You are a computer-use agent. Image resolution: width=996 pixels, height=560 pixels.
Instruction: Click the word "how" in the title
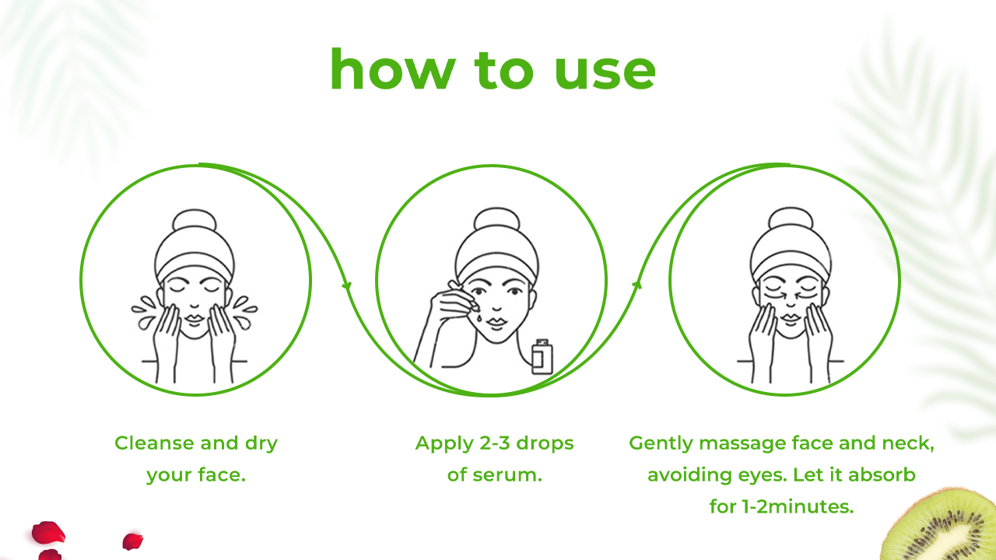(393, 69)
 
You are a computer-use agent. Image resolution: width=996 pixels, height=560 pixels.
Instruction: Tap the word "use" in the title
(605, 73)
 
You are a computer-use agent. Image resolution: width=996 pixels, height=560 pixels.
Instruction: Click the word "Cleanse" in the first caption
(155, 443)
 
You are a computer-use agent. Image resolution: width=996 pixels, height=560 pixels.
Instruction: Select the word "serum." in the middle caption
(507, 474)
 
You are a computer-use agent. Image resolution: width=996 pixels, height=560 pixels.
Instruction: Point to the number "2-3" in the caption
(495, 443)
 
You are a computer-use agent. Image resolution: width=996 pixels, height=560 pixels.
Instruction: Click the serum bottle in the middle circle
(542, 356)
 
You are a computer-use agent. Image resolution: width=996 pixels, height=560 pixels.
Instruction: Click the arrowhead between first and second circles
(347, 285)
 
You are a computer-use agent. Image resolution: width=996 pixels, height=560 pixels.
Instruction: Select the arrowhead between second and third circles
(637, 285)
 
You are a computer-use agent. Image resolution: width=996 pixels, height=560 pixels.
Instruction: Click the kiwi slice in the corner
(941, 525)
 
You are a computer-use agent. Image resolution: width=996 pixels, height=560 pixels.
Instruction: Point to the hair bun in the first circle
(195, 221)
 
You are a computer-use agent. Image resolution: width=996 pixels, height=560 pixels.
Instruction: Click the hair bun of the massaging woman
(791, 219)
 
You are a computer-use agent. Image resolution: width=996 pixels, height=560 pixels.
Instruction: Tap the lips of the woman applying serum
(496, 321)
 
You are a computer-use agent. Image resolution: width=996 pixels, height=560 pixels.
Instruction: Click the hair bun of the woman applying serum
(496, 219)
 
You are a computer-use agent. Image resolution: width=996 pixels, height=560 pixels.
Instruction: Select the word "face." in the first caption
(222, 474)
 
